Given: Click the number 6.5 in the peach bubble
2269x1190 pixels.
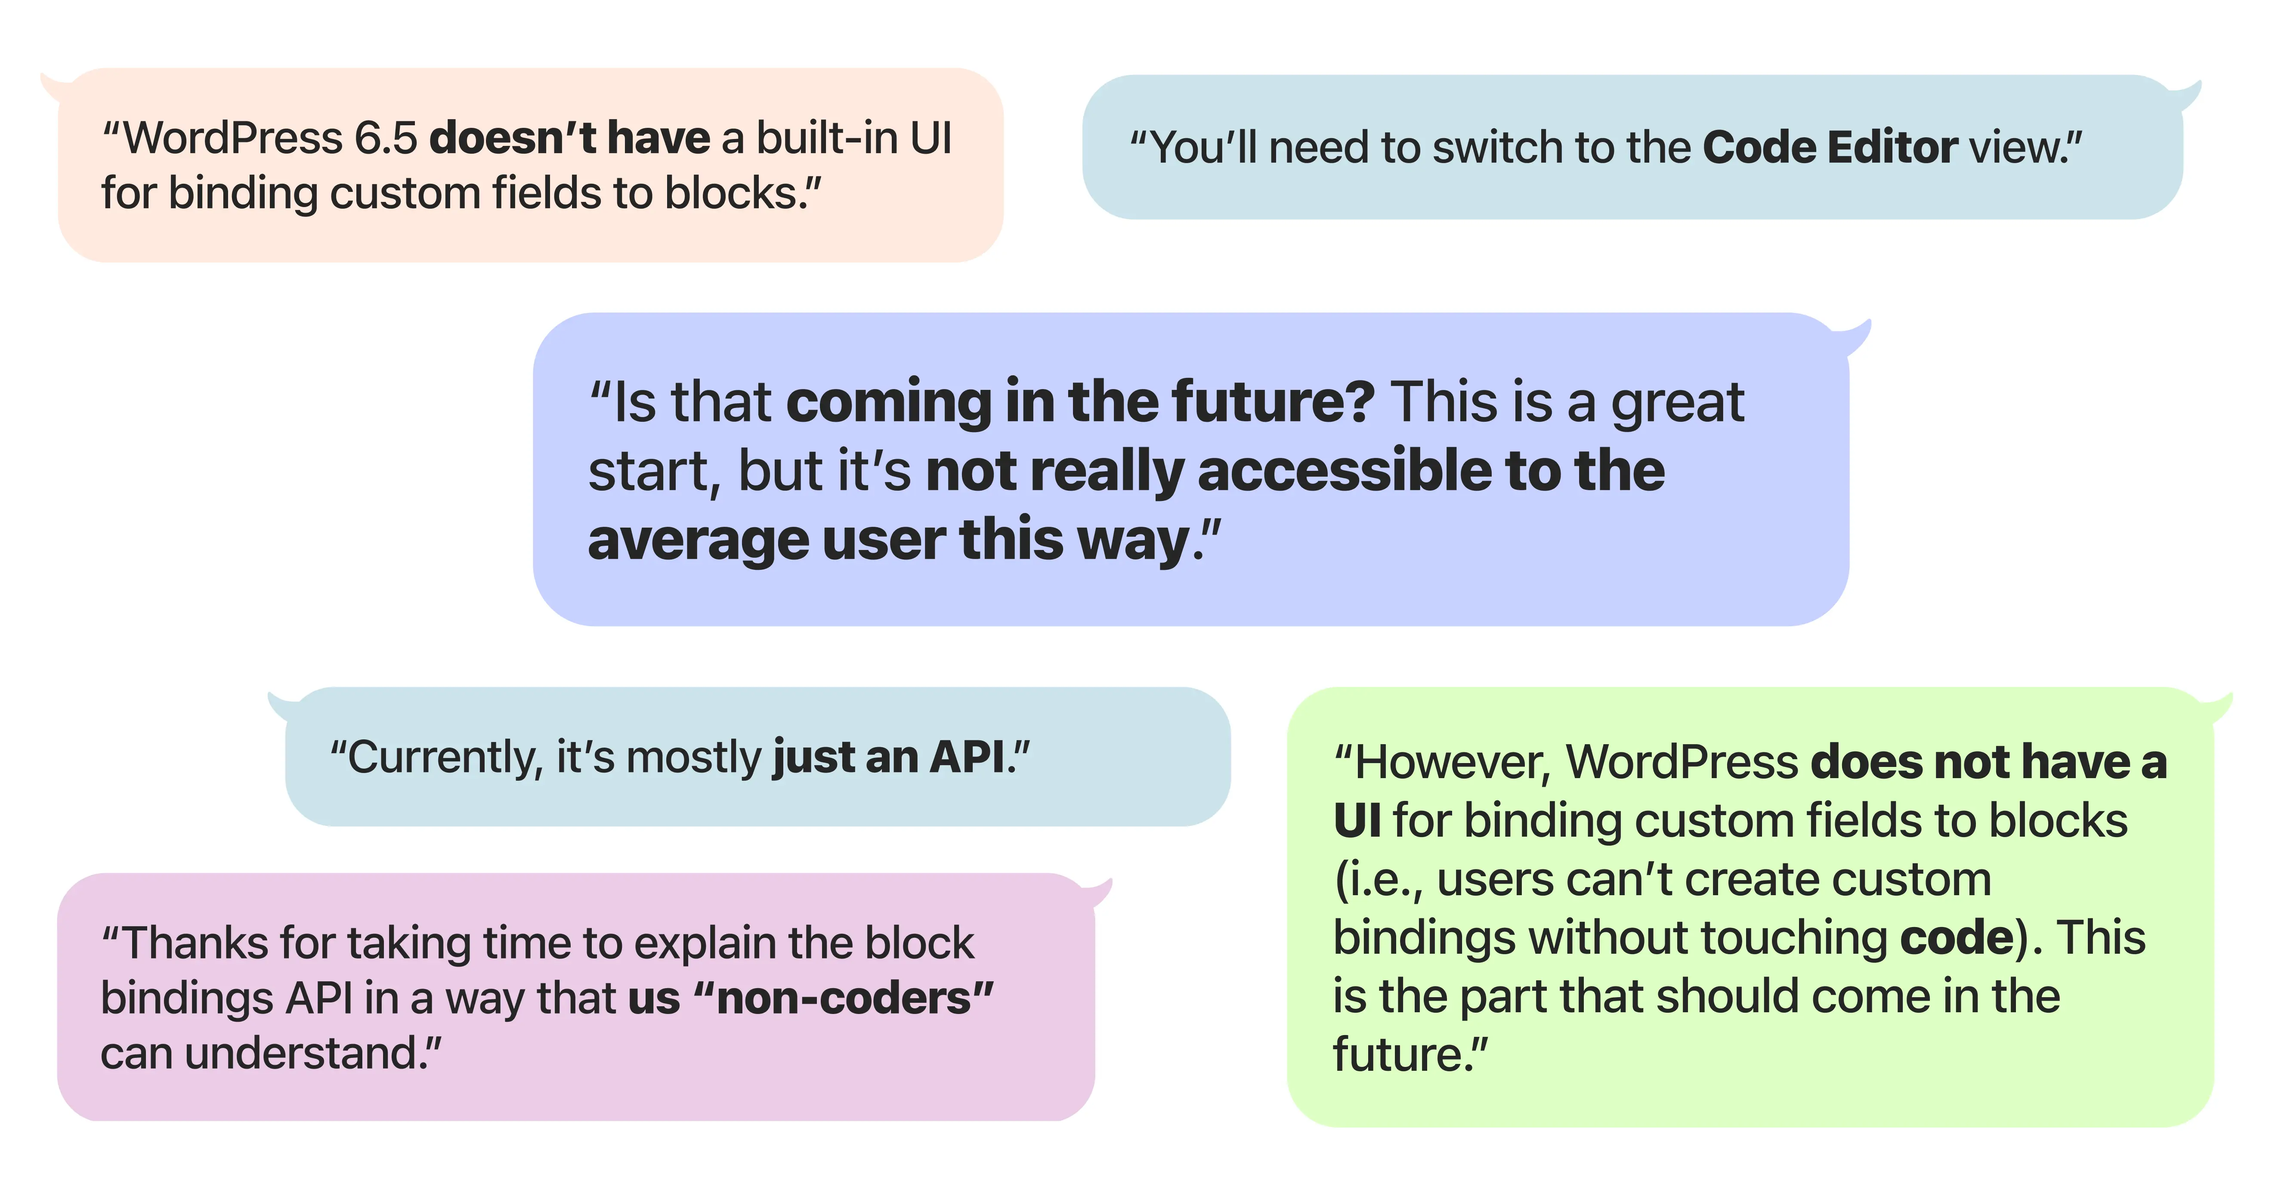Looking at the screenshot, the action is point(386,138).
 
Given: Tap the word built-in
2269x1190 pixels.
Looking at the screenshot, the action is point(826,138).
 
